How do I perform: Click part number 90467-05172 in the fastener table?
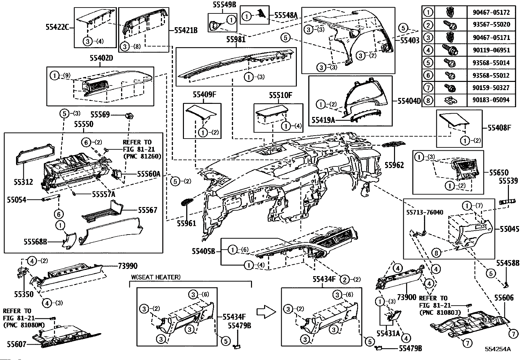click(491, 12)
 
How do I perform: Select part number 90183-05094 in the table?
click(491, 100)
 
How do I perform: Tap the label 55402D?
click(101, 58)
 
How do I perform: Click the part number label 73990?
click(127, 266)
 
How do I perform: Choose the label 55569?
click(100, 115)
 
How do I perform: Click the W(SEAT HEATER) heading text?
click(156, 277)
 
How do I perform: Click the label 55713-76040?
click(425, 212)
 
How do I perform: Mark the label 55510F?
click(280, 95)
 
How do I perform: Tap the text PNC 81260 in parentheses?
click(142, 156)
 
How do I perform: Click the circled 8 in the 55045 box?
click(437, 253)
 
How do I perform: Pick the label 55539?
click(508, 181)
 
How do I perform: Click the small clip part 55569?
click(130, 115)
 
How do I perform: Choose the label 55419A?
click(323, 120)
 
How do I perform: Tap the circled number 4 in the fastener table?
click(428, 50)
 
